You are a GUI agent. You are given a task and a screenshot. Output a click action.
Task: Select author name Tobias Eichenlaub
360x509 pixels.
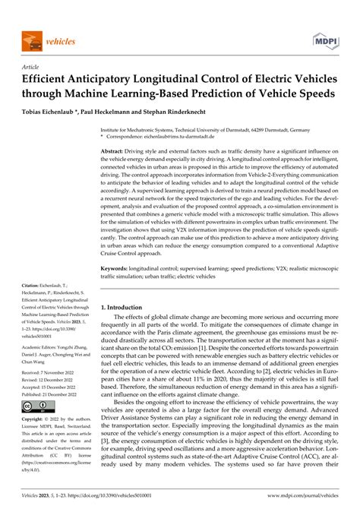(x=55, y=109)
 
